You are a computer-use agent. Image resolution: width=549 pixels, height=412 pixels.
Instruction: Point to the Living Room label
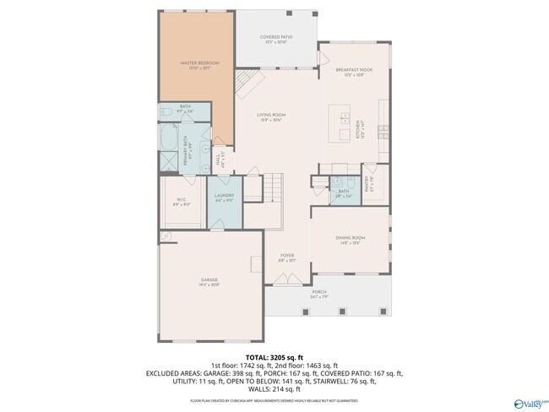pos(272,117)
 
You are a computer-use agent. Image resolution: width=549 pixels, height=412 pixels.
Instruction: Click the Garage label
pos(209,281)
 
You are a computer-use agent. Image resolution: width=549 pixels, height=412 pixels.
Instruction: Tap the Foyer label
pos(287,256)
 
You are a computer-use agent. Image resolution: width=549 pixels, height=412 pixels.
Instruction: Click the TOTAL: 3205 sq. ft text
pos(274,357)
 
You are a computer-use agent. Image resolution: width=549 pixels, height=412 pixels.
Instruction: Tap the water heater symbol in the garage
pos(166,236)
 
